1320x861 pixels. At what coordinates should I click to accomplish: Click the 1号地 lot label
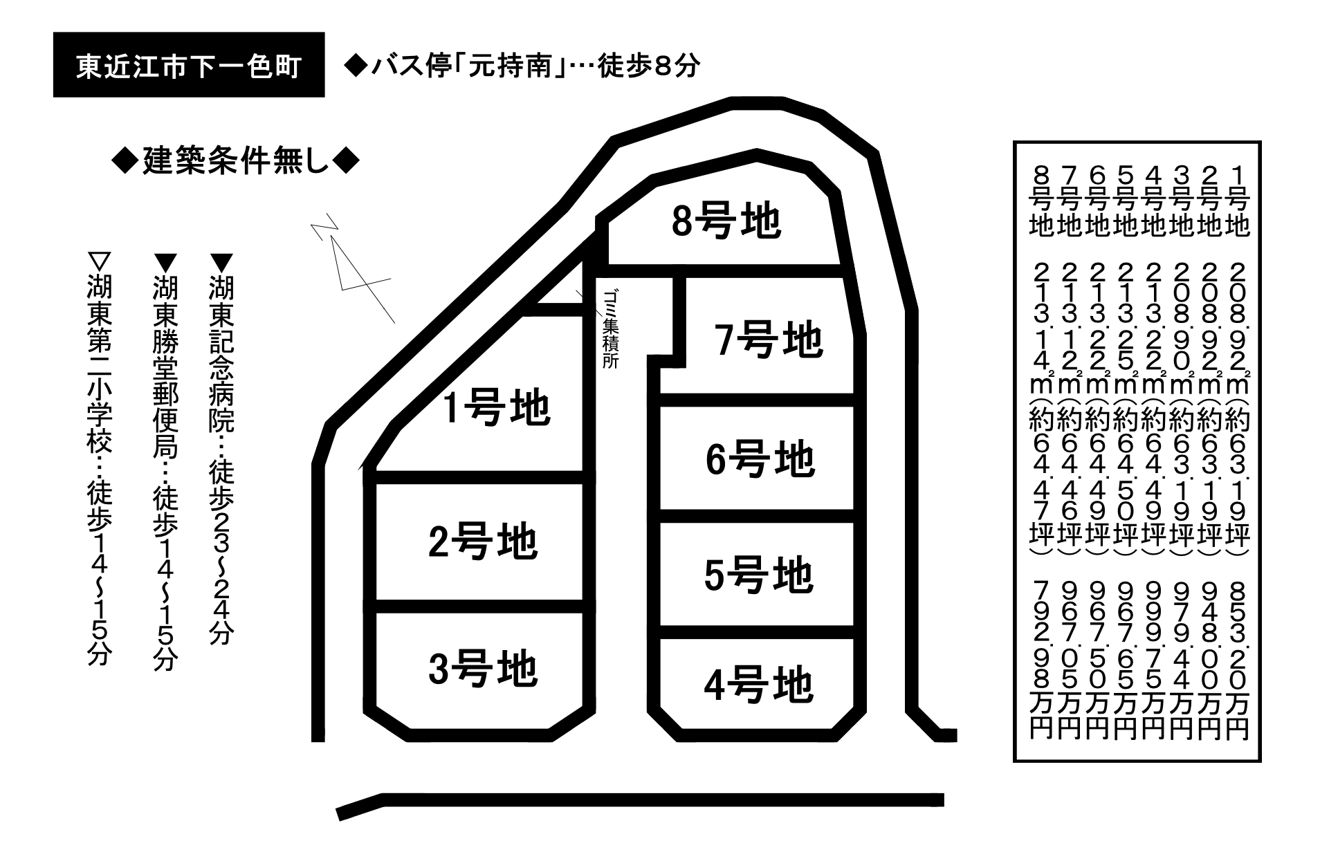[496, 408]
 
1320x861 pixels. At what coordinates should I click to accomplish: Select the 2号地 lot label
[483, 542]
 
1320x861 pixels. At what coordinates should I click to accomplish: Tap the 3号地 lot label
[483, 669]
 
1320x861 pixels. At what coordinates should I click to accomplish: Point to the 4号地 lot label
[758, 685]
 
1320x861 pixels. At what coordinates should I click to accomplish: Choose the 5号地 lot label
[758, 575]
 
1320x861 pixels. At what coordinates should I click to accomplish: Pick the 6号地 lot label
[760, 459]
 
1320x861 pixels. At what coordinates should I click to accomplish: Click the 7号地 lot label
[769, 340]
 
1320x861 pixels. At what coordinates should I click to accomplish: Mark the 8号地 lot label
[726, 221]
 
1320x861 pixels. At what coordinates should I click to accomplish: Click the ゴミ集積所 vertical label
[610, 329]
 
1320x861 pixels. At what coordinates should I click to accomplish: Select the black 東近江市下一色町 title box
[189, 64]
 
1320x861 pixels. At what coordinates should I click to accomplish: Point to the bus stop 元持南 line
[522, 66]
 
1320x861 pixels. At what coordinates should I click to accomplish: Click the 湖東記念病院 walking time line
[221, 450]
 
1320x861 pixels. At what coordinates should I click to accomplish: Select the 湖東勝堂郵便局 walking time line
[165, 463]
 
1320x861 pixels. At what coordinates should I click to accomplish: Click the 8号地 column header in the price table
[1041, 201]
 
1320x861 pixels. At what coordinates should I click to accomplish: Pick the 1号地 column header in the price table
[1237, 201]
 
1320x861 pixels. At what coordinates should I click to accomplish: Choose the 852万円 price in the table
[1237, 660]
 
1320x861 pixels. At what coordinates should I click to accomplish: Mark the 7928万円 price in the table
[1041, 660]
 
